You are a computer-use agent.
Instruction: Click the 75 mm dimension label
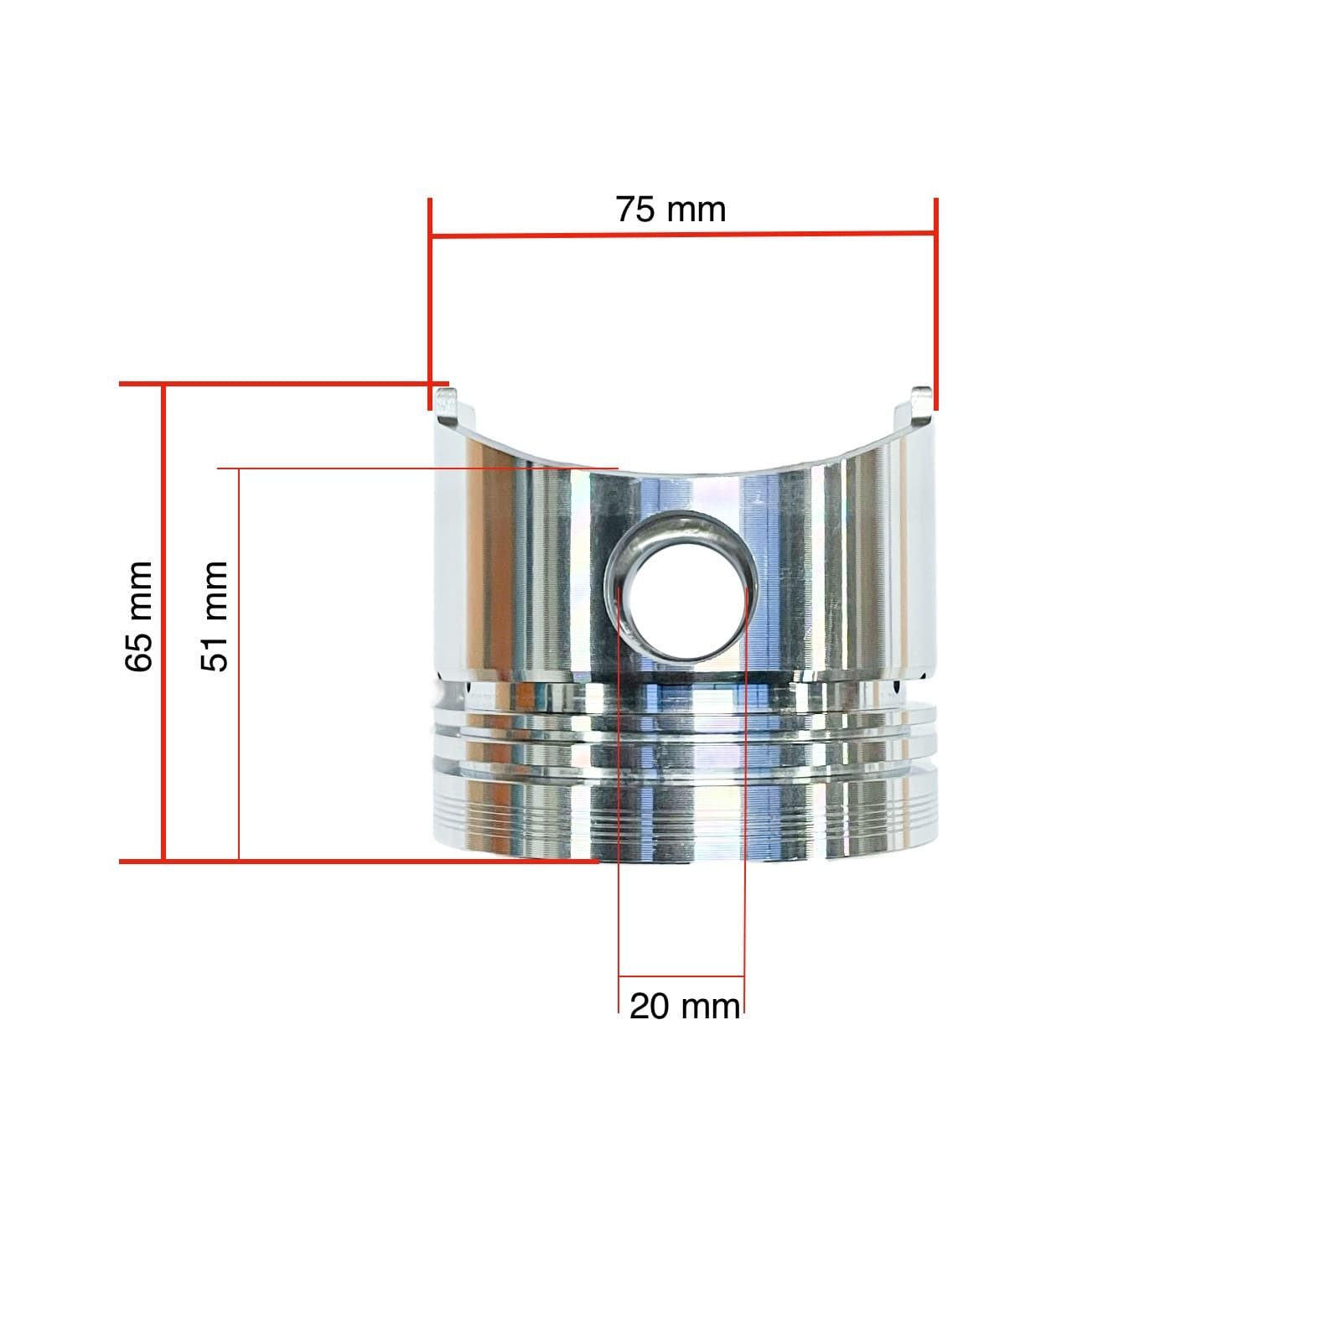coord(670,210)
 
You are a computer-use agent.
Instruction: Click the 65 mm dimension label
coord(139,617)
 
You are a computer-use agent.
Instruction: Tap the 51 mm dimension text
coord(215,617)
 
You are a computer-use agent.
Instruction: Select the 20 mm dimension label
coord(685,1006)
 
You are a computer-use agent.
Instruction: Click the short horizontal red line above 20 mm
coord(681,976)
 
